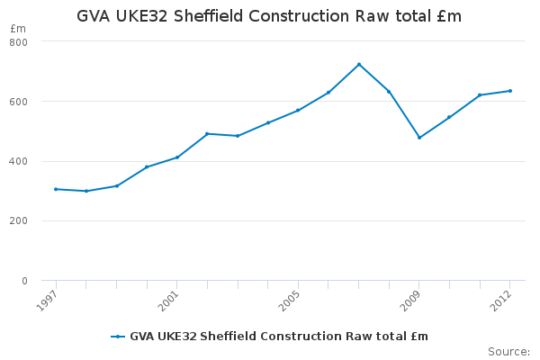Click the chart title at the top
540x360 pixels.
(269, 16)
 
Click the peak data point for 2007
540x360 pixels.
(359, 65)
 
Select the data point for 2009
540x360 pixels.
(419, 138)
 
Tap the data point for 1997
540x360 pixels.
(56, 189)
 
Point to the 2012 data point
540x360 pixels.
(510, 91)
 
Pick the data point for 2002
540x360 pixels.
(207, 134)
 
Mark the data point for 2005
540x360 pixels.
(298, 111)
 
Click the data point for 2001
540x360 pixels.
(177, 157)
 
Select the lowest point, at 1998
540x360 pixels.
(86, 191)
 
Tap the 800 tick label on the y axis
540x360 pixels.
(19, 42)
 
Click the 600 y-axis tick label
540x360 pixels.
(19, 102)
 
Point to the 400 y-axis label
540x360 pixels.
(19, 162)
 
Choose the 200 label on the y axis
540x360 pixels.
(19, 220)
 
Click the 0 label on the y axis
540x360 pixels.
(24, 281)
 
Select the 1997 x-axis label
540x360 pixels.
(47, 301)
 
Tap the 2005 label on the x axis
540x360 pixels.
(289, 301)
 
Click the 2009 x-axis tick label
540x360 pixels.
(410, 301)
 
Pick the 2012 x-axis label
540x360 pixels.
(501, 301)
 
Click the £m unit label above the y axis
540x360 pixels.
(18, 29)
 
